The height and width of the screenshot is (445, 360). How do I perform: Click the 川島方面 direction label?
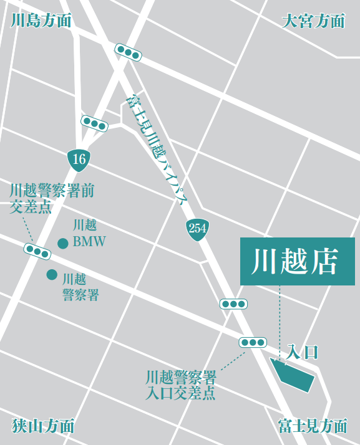click(41, 21)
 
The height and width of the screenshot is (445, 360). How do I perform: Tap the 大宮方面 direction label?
click(313, 21)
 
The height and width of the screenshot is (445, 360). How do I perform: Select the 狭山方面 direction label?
click(43, 426)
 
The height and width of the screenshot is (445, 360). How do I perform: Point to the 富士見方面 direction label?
click(313, 426)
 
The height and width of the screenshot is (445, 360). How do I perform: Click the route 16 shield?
click(79, 159)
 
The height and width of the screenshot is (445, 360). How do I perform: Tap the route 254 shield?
click(197, 228)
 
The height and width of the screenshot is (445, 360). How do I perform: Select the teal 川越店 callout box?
click(297, 262)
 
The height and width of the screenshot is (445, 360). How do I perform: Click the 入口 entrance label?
click(302, 353)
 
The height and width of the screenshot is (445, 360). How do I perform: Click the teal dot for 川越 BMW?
click(63, 244)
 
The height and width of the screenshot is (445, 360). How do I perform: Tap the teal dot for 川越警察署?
click(52, 275)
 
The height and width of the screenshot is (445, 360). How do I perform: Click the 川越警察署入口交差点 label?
click(180, 385)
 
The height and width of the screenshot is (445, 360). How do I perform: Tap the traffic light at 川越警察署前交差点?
click(37, 252)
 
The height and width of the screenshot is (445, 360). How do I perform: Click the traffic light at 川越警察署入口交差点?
click(253, 342)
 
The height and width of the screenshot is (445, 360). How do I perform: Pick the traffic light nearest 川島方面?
click(128, 52)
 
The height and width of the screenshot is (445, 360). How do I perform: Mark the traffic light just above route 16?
click(94, 123)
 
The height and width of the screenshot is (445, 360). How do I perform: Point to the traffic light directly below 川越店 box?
click(233, 304)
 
